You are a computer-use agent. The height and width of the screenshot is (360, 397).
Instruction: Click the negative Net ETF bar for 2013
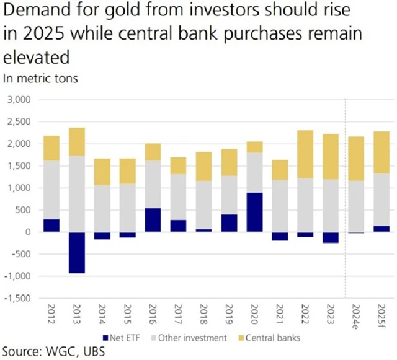point(77,252)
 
